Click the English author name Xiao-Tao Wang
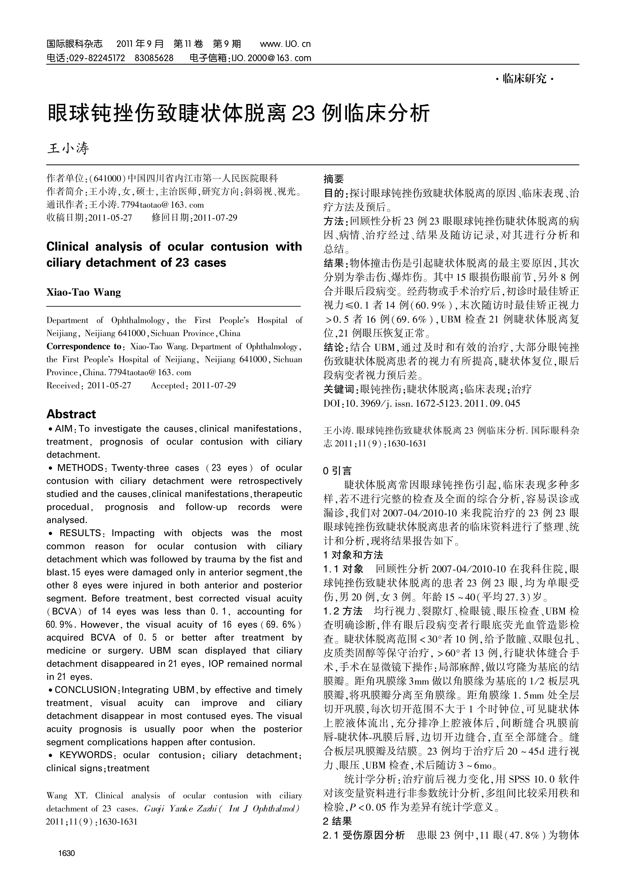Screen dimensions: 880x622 84,292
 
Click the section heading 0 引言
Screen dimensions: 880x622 337,471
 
